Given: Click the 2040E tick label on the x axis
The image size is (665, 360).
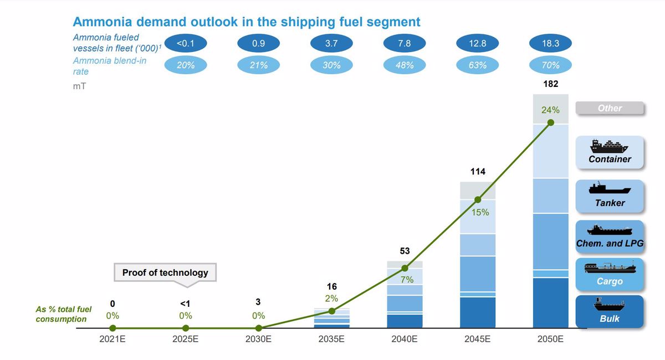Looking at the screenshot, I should [x=405, y=340].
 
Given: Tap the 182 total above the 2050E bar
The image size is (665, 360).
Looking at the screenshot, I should [x=550, y=85].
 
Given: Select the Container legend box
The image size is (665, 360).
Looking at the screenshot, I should [x=610, y=152].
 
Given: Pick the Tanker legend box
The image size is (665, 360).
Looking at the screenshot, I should [x=610, y=196].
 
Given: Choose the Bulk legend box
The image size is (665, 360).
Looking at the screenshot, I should [x=610, y=311].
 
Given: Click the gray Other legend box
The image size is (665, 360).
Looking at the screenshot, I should [x=610, y=108].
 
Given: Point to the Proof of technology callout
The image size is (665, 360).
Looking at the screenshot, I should [x=165, y=272].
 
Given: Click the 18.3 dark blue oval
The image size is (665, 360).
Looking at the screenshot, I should [x=550, y=43].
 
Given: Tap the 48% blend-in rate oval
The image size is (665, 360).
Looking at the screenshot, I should [x=405, y=65].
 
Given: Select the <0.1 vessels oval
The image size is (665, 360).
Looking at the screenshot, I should [x=186, y=43].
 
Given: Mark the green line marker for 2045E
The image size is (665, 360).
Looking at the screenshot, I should [x=478, y=199].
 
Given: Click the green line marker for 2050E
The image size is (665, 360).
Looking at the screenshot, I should [x=550, y=123].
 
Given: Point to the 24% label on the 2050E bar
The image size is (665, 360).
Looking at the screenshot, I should [x=550, y=110].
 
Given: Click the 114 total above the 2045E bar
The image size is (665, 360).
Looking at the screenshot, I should [x=478, y=172].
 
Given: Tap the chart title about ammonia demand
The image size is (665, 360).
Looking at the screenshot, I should [x=247, y=22].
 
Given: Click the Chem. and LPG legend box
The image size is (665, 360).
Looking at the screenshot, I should [x=610, y=237].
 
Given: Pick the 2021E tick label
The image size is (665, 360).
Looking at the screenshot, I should [x=112, y=340].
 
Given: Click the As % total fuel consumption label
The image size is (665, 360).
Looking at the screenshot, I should [x=64, y=314].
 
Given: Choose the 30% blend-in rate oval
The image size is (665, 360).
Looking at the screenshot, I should [x=331, y=65].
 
